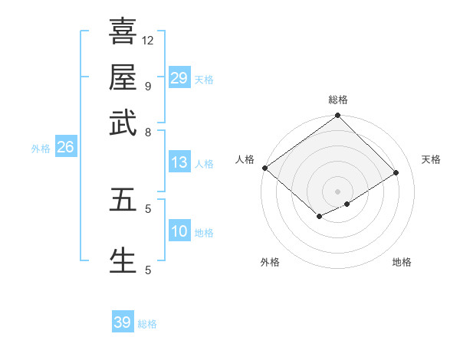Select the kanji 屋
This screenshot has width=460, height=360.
123,77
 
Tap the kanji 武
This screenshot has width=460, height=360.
123,123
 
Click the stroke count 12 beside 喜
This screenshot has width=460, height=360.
148,40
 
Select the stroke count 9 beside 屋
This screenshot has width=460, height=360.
148,86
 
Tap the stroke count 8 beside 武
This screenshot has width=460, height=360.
148,132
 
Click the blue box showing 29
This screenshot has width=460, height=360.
179,78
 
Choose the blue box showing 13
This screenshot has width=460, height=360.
179,162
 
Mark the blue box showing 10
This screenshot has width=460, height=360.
179,232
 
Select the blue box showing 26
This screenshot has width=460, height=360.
65,148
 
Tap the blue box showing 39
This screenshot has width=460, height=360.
123,322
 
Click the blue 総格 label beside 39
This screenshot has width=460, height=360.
147,324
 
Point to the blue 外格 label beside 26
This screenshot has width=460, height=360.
41,149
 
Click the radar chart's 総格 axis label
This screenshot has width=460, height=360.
337,100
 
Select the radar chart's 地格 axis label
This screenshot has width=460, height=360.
402,263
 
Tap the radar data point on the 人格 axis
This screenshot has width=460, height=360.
264,168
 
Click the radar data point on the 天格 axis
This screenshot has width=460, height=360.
396,172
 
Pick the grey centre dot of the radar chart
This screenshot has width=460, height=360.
337,191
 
